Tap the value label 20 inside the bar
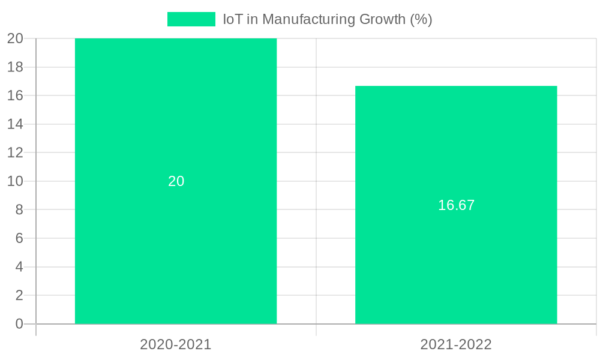click(176, 181)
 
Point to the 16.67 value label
click(456, 205)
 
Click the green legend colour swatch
click(191, 19)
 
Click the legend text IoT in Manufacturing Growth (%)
click(328, 19)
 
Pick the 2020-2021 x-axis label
click(176, 344)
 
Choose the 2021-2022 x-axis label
click(456, 344)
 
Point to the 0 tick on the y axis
click(19, 324)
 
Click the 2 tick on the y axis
click(19, 295)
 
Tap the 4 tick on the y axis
click(19, 267)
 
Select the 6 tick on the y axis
click(19, 238)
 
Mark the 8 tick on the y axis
click(19, 209)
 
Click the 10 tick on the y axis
click(16, 181)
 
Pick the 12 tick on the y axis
click(16, 152)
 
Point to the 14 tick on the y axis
click(16, 124)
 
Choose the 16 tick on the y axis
click(16, 95)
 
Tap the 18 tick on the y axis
click(16, 67)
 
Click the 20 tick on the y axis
click(16, 38)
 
